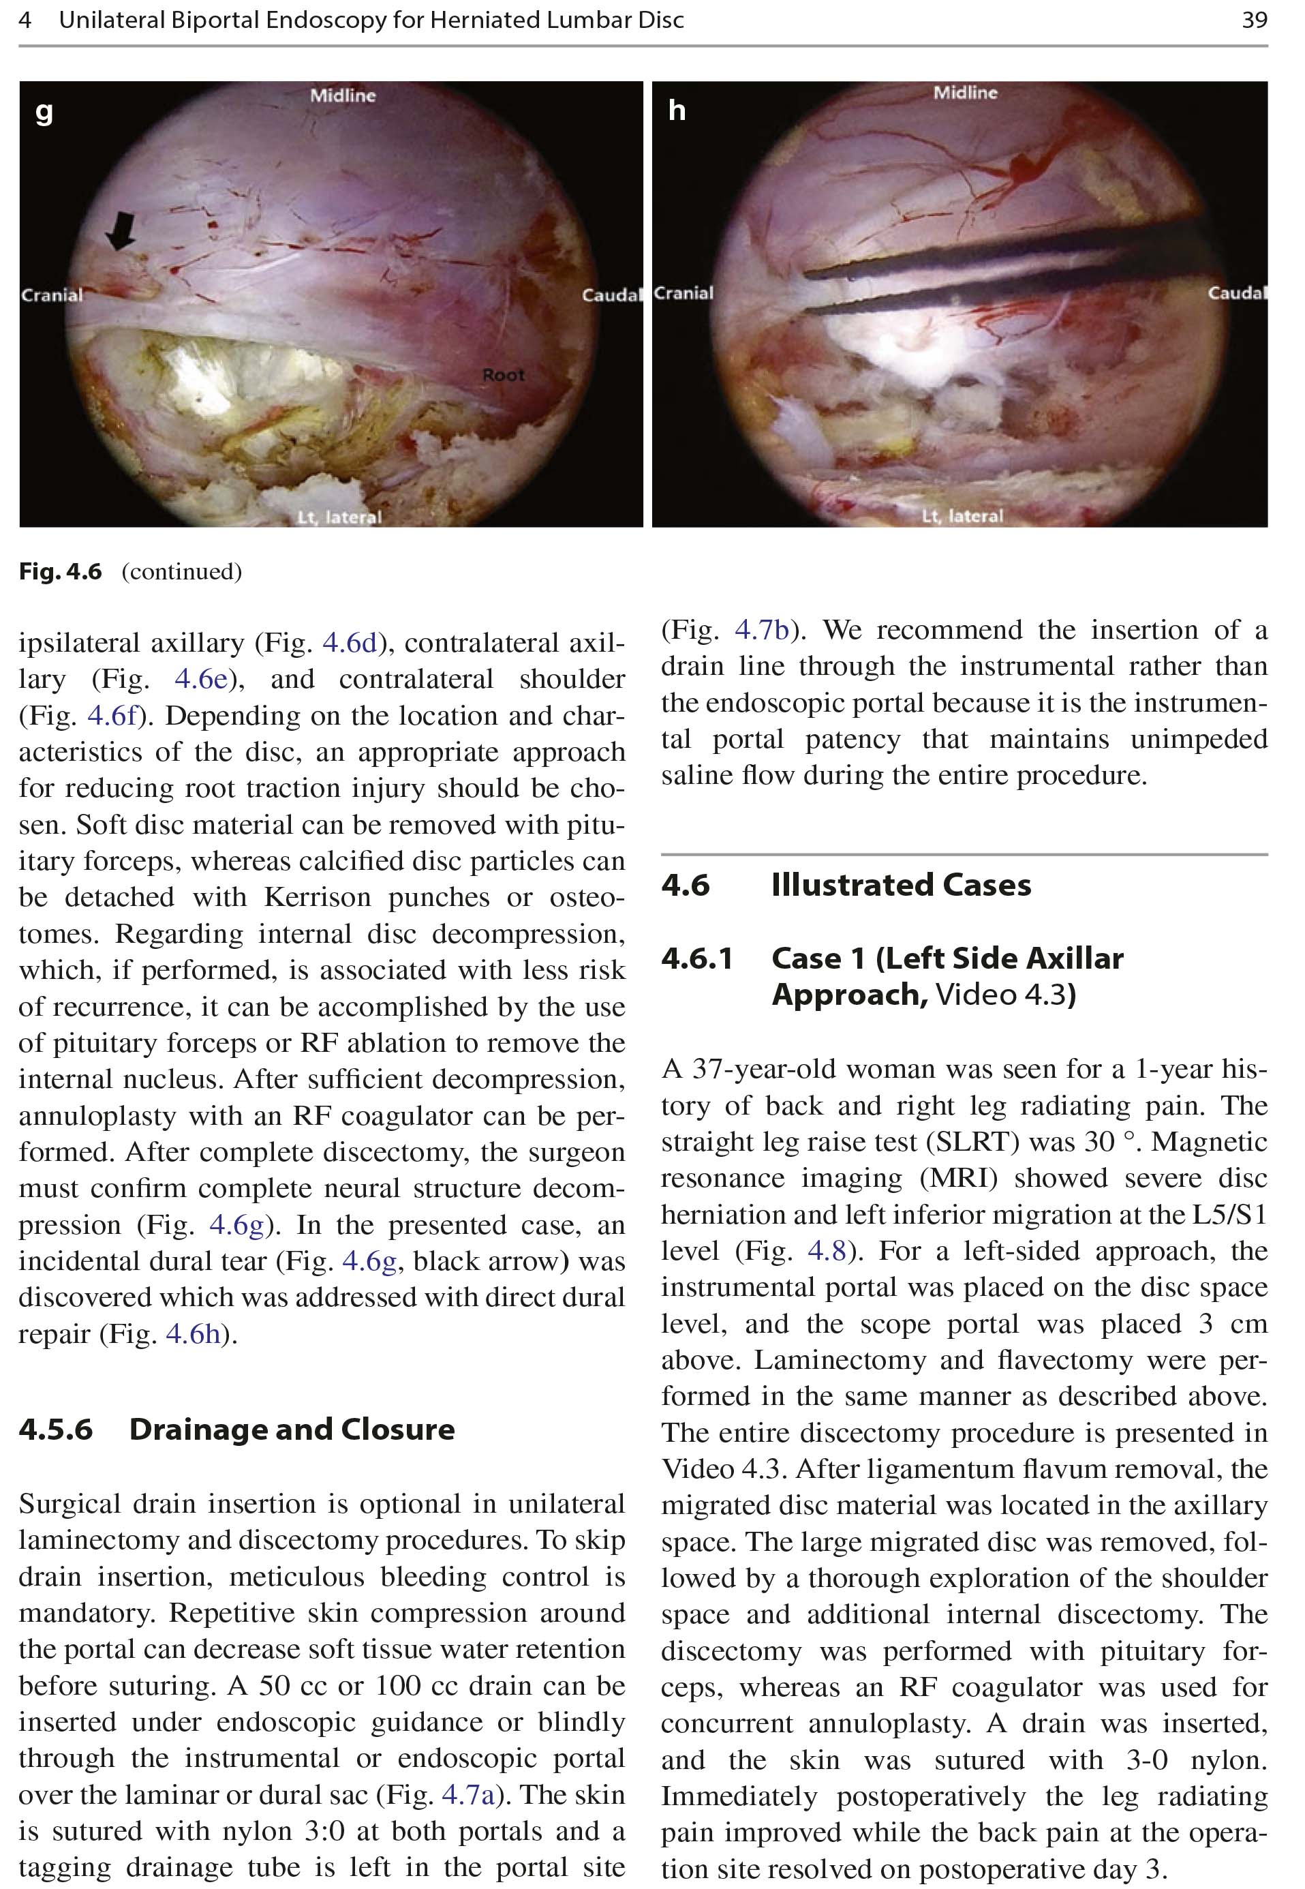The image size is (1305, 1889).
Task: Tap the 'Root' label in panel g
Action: click(503, 376)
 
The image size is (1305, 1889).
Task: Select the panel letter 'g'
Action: click(44, 112)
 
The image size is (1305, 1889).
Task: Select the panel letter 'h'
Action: click(676, 110)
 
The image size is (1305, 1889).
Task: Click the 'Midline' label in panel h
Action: click(965, 93)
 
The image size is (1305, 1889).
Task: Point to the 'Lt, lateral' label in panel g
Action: click(339, 517)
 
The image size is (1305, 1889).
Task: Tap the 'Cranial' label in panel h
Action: click(684, 292)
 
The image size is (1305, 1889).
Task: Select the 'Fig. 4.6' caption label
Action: click(61, 571)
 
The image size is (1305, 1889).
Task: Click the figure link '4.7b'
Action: click(762, 630)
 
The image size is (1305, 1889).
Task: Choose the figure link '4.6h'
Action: click(194, 1333)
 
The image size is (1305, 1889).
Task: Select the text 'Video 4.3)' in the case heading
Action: click(1006, 995)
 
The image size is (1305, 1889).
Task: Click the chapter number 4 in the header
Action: click(25, 20)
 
